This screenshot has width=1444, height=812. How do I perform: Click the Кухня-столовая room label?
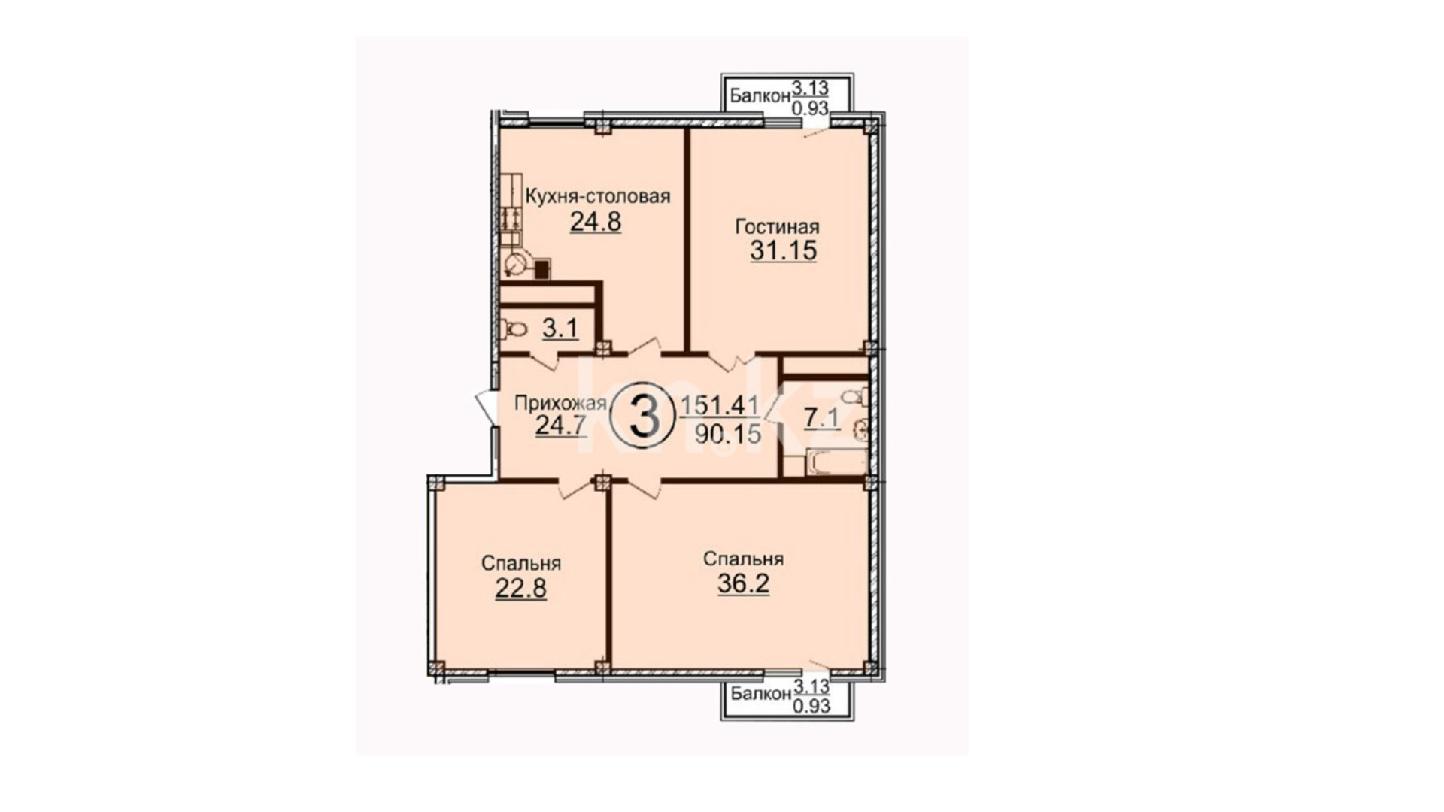(597, 197)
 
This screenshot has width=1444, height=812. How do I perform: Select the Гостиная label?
(777, 226)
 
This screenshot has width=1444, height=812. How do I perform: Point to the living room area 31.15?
(783, 250)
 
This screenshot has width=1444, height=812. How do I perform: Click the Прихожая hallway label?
(560, 404)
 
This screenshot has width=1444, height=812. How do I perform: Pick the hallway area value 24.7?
(560, 426)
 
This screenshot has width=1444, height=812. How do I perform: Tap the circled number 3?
(644, 418)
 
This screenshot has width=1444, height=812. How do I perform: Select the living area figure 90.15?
(727, 433)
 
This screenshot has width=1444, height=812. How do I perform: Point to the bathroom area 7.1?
(821, 419)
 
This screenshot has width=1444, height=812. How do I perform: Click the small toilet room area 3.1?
(560, 329)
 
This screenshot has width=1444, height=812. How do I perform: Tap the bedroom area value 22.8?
(520, 588)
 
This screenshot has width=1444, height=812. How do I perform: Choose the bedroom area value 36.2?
(743, 583)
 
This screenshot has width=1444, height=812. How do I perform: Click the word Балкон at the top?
(760, 96)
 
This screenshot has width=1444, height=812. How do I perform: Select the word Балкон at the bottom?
(761, 694)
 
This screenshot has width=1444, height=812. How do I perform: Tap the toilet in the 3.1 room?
(514, 329)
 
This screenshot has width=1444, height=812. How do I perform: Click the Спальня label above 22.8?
(521, 564)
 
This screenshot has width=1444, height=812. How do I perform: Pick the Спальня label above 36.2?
(743, 559)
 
